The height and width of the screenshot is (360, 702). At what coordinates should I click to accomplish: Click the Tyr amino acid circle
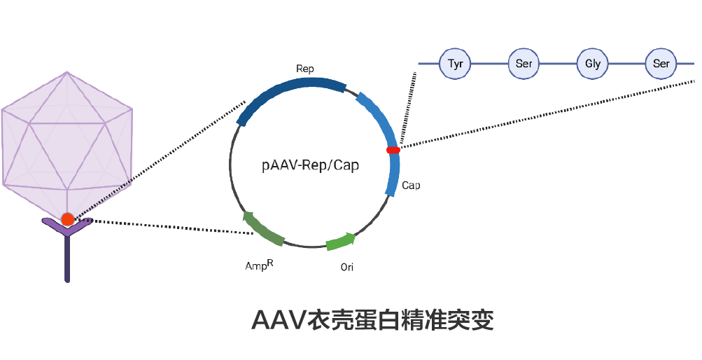click(456, 64)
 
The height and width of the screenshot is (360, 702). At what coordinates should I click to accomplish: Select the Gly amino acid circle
click(593, 64)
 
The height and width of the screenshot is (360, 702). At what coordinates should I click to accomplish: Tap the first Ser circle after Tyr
click(524, 64)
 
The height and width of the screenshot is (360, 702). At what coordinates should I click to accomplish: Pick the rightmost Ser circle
click(661, 64)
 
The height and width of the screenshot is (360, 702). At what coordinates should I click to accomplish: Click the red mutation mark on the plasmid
click(393, 150)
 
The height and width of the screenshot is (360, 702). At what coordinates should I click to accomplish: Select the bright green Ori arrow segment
click(340, 242)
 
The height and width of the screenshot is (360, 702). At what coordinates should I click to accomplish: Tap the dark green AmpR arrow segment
click(262, 229)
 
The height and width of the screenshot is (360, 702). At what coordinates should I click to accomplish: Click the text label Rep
click(305, 69)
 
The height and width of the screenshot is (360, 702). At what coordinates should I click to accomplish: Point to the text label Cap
click(411, 186)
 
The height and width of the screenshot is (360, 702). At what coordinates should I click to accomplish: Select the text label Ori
click(347, 267)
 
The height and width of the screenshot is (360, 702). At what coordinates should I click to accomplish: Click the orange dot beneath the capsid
click(67, 219)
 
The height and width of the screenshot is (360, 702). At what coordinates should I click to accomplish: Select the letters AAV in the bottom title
click(279, 321)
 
